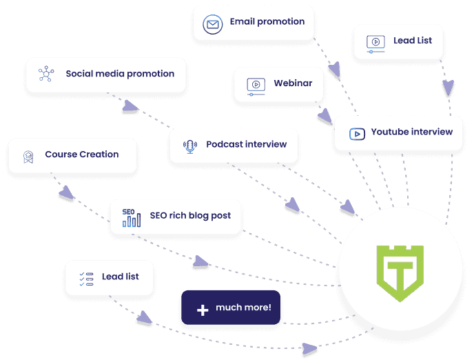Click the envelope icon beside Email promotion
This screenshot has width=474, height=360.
click(x=212, y=24)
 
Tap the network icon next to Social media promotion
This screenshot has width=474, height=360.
click(x=46, y=74)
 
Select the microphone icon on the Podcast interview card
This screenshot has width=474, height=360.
click(x=190, y=146)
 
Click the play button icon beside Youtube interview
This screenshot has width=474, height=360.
click(x=357, y=134)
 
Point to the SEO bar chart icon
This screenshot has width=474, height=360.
click(x=132, y=217)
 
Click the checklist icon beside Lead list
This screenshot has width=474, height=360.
click(x=86, y=279)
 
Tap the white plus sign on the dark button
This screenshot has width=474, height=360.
click(x=203, y=310)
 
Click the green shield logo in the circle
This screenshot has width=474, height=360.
click(x=400, y=273)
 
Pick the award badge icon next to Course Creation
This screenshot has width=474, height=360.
click(x=28, y=157)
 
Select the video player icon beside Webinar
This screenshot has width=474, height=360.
click(x=256, y=87)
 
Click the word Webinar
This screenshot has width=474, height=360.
click(x=293, y=83)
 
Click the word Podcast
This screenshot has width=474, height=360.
click(x=225, y=144)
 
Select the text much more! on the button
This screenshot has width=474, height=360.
click(x=243, y=308)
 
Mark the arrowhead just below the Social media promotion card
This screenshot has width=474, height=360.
click(x=130, y=106)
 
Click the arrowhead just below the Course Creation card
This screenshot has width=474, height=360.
click(x=66, y=192)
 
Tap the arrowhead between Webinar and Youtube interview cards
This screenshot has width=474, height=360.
click(x=324, y=116)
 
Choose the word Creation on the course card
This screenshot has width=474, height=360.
click(x=99, y=154)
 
